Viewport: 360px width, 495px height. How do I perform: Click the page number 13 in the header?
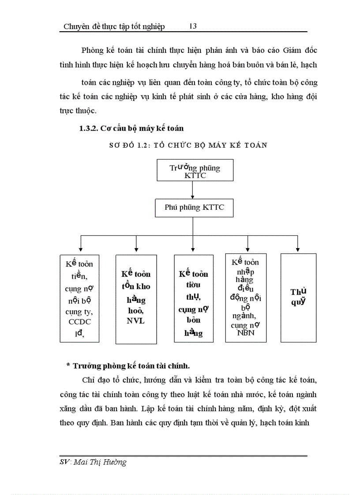pyautogui.click(x=193, y=26)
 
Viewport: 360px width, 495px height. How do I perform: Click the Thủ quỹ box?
pyautogui.click(x=299, y=298)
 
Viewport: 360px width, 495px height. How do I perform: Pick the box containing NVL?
pyautogui.click(x=136, y=299)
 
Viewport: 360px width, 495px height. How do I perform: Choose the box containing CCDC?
pyautogui.click(x=79, y=298)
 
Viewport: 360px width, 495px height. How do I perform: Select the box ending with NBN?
pyautogui.click(x=245, y=298)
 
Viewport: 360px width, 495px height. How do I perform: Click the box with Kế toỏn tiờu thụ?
pyautogui.click(x=193, y=299)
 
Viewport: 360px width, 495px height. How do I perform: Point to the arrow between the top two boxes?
pyautogui.click(x=192, y=190)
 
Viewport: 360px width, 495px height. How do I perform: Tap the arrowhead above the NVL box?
pyautogui.click(x=136, y=249)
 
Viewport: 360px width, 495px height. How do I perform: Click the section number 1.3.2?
pyautogui.click(x=89, y=128)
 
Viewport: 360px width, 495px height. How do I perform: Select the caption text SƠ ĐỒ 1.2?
pyautogui.click(x=128, y=145)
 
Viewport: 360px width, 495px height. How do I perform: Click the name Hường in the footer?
pyautogui.click(x=116, y=462)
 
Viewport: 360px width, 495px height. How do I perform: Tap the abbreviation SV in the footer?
pyautogui.click(x=65, y=462)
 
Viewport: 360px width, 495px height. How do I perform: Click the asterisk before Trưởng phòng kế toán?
pyautogui.click(x=68, y=366)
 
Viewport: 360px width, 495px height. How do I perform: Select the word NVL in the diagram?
pyautogui.click(x=135, y=320)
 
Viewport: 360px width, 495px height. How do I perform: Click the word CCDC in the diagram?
pyautogui.click(x=79, y=322)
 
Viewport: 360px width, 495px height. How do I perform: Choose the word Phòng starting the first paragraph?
pyautogui.click(x=92, y=50)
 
